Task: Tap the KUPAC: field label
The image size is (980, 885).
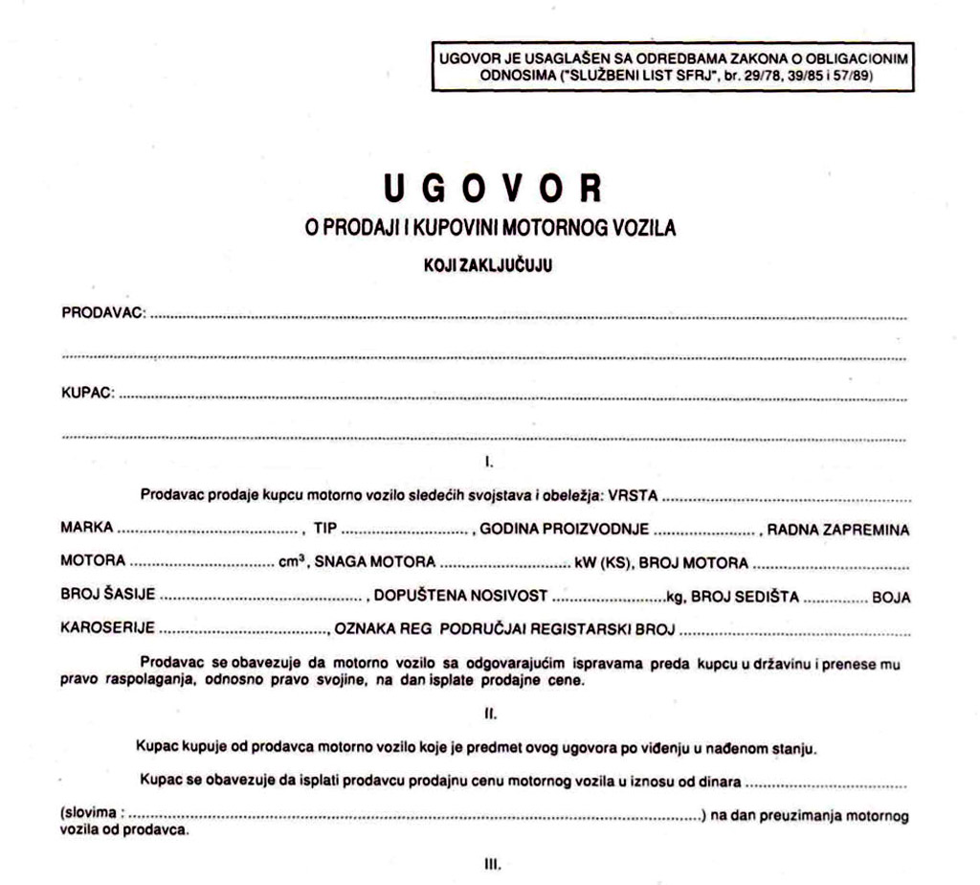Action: click(x=88, y=393)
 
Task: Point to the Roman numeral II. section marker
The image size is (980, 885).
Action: click(x=489, y=714)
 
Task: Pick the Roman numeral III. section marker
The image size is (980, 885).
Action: click(x=489, y=863)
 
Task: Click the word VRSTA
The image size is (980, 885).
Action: click(x=635, y=496)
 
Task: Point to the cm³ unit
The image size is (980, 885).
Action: click(x=291, y=562)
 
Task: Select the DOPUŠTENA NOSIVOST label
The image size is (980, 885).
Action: click(x=460, y=597)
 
